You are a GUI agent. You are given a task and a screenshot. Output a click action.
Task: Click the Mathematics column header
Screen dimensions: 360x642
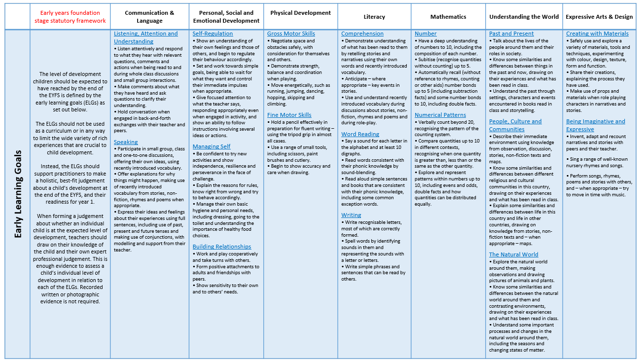point(448,17)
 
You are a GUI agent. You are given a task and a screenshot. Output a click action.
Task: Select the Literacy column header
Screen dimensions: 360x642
point(374,17)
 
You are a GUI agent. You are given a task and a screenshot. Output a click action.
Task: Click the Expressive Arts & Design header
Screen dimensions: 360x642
point(599,17)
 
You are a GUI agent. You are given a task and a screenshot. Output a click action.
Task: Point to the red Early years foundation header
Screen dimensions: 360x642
point(70,17)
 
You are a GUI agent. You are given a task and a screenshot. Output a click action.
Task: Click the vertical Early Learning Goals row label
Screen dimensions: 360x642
point(18,194)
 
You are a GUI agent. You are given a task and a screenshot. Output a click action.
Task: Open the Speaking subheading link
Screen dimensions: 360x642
point(126,142)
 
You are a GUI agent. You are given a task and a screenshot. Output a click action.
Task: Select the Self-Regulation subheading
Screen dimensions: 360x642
point(213,34)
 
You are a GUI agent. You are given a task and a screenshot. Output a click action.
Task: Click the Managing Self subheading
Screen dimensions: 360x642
point(212,146)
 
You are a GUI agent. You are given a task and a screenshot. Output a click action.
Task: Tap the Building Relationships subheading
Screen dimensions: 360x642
point(222,247)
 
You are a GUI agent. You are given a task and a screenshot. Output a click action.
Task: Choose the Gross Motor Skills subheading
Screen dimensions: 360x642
point(291,34)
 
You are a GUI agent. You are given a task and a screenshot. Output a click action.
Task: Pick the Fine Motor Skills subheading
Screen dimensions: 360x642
point(289,115)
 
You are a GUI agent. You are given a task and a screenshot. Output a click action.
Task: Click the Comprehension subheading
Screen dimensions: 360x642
point(362,34)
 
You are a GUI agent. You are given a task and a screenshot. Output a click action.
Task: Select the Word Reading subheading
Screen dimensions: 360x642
point(360,134)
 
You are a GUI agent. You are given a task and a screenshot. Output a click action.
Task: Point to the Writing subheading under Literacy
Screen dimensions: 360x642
point(351,215)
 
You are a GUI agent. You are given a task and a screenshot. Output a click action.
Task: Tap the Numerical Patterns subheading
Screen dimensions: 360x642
point(440,115)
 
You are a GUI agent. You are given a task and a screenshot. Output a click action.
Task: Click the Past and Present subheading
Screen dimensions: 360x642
point(511,34)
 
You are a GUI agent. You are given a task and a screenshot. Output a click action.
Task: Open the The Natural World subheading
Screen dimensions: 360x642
point(514,254)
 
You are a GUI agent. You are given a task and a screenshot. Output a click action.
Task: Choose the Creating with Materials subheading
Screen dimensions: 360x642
point(597,34)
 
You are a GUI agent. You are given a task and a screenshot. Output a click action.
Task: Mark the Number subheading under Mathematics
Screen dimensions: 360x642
point(426,34)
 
